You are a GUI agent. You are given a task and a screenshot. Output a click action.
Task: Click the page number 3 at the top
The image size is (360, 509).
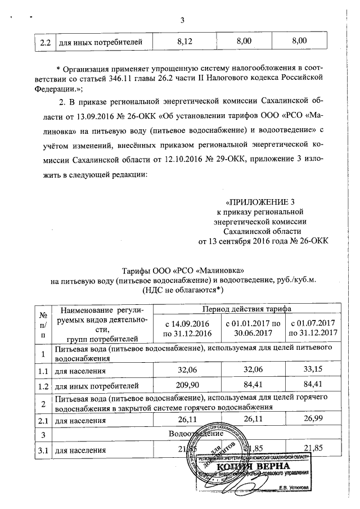click(x=182, y=21)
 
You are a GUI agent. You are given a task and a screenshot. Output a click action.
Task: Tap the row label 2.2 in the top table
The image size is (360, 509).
click(x=42, y=42)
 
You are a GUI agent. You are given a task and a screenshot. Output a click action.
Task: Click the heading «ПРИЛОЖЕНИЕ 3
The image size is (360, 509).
click(x=260, y=202)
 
